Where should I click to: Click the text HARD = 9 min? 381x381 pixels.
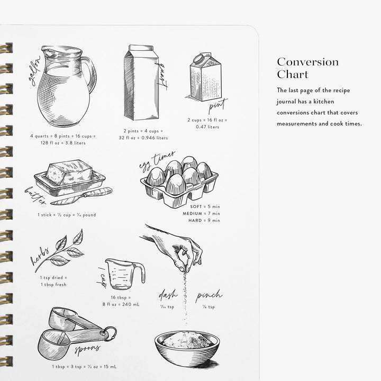[x=204, y=220]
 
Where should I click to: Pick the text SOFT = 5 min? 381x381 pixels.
[x=205, y=206]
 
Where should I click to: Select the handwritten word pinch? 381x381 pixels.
[x=208, y=296]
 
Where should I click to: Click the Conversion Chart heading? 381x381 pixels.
[x=307, y=68]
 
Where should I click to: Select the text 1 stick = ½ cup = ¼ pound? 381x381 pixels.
[x=66, y=215]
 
